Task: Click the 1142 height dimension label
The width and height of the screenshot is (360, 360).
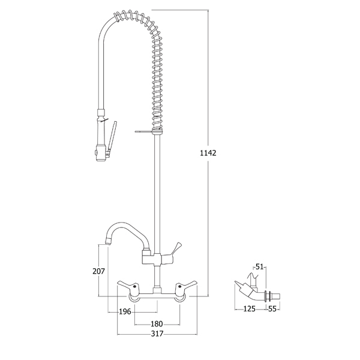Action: [x=208, y=153]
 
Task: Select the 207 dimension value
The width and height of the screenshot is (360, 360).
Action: [x=98, y=271]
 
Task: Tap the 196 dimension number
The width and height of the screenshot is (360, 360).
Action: [x=125, y=311]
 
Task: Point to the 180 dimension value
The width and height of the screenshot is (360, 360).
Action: [x=157, y=324]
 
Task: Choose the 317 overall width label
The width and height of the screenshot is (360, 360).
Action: [x=157, y=334]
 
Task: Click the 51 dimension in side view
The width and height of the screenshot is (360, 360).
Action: [x=259, y=267]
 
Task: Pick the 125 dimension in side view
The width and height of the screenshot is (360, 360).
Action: [x=249, y=309]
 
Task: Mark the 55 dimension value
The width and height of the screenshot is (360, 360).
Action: [x=272, y=309]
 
